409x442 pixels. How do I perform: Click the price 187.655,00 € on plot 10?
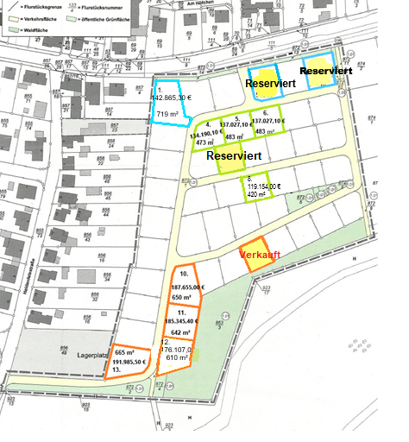click(x=186, y=286)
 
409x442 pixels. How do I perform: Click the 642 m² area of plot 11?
click(x=180, y=331)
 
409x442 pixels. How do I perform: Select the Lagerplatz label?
click(x=93, y=355)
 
